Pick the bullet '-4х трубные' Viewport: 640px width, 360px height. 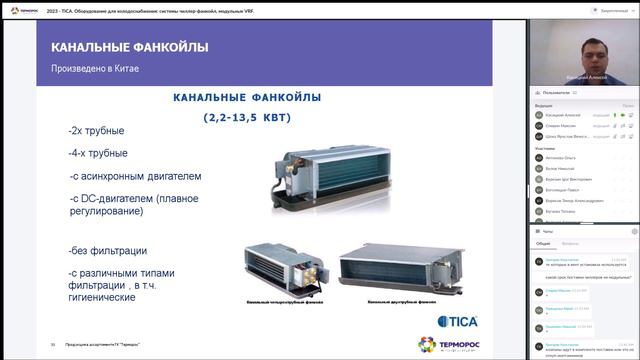coord(98,153)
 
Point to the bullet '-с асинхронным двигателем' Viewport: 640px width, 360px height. coord(135,176)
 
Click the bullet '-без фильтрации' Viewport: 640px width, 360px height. coord(108,250)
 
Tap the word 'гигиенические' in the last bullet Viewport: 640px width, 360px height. coord(103,298)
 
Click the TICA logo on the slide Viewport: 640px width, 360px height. coord(460,320)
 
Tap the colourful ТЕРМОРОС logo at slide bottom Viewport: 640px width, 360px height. coord(460,345)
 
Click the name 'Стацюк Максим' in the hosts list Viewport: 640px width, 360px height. coord(563,125)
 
